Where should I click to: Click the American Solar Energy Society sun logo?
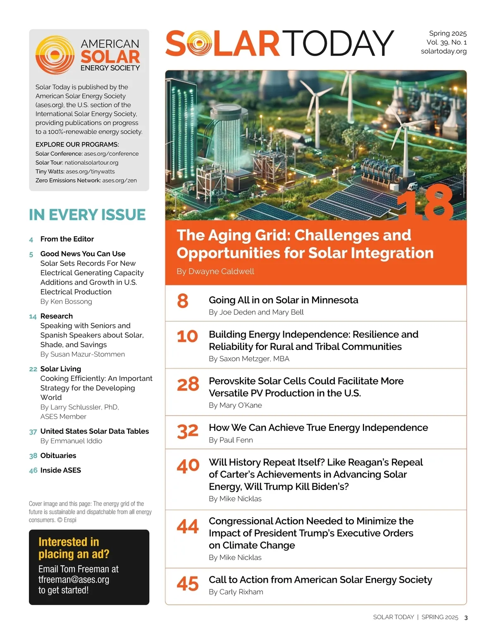click(x=55, y=55)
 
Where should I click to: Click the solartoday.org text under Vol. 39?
click(x=444, y=51)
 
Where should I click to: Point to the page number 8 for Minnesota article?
click(x=183, y=301)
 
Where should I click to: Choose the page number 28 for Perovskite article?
click(x=188, y=385)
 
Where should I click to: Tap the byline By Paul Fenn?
click(x=231, y=440)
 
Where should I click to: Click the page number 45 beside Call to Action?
click(x=188, y=584)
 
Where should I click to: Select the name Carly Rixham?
click(x=241, y=592)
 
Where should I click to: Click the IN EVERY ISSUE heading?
click(x=87, y=215)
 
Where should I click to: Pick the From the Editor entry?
click(x=67, y=239)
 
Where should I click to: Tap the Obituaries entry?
click(x=58, y=456)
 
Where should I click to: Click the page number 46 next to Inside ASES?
click(x=33, y=470)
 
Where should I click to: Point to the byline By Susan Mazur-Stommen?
click(x=82, y=354)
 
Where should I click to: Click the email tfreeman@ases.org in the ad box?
click(x=74, y=579)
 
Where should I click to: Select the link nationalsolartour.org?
click(x=91, y=163)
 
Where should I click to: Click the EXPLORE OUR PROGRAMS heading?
click(x=77, y=145)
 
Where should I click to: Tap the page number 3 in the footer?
click(x=466, y=617)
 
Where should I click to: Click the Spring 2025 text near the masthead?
click(x=448, y=33)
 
